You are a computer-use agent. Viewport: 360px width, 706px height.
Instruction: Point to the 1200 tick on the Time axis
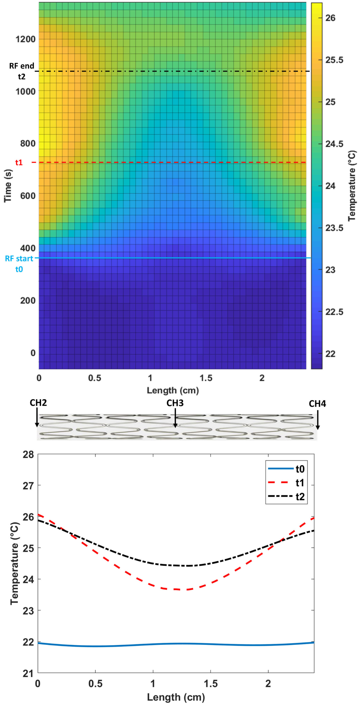coord(26,39)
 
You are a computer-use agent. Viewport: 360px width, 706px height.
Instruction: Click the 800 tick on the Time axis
coord(28,143)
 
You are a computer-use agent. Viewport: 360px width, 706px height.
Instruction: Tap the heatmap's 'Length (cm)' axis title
coord(173,390)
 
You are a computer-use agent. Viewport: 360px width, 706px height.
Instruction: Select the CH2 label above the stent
coord(38,403)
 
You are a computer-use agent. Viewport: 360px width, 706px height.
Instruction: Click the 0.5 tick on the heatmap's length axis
coord(95,378)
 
